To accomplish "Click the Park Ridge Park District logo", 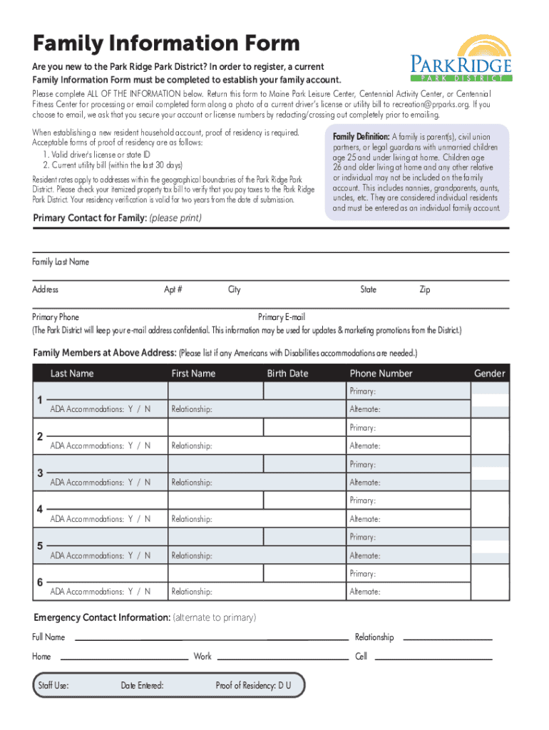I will click(461, 58).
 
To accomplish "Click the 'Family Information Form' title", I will click(165, 43).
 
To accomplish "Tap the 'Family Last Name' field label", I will click(61, 262).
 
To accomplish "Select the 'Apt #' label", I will click(173, 290).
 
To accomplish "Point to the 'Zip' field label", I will click(424, 290).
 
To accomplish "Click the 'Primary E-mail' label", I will click(282, 317).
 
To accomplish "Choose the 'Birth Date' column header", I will click(287, 374).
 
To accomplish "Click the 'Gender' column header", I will click(490, 374).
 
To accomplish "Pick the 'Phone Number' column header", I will click(381, 374).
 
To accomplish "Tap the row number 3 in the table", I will click(40, 473).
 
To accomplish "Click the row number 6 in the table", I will click(40, 583).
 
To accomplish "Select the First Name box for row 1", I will click(215, 391).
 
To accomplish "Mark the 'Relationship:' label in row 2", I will click(192, 446).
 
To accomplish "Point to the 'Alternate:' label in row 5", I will click(364, 556).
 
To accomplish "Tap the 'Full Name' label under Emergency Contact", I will click(48, 637).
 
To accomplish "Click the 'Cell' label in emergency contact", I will click(361, 657).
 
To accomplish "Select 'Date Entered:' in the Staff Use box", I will click(142, 686).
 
